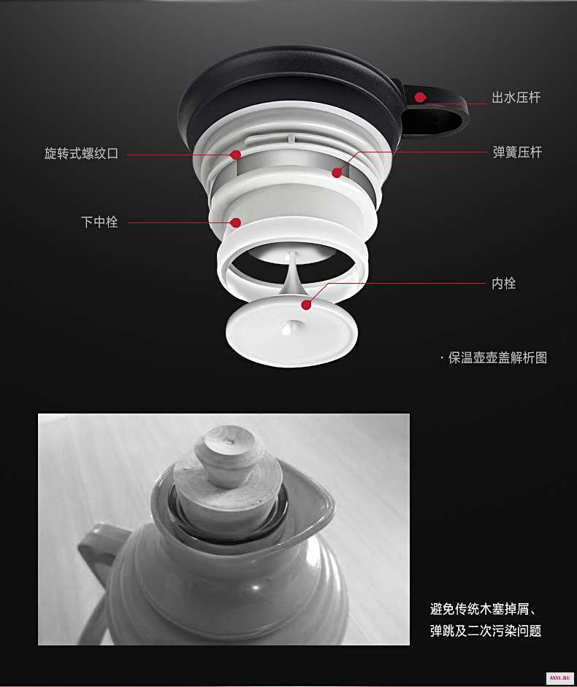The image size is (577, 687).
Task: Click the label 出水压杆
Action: (516, 97)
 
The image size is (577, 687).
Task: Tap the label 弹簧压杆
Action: (517, 152)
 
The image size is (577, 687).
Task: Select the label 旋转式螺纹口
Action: (81, 154)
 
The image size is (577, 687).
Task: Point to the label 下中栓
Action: (99, 222)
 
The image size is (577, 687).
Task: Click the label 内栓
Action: (504, 284)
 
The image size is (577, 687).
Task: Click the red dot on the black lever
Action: (421, 97)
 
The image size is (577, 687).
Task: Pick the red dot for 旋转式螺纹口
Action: (236, 155)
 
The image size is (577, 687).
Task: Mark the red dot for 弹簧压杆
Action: (337, 173)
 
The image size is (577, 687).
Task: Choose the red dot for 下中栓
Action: (236, 222)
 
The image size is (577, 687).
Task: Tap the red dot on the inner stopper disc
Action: (306, 305)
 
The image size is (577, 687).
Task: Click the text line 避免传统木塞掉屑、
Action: (483, 609)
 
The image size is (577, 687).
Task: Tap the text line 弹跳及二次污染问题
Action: (486, 631)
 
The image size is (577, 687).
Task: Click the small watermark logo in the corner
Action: (559, 678)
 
